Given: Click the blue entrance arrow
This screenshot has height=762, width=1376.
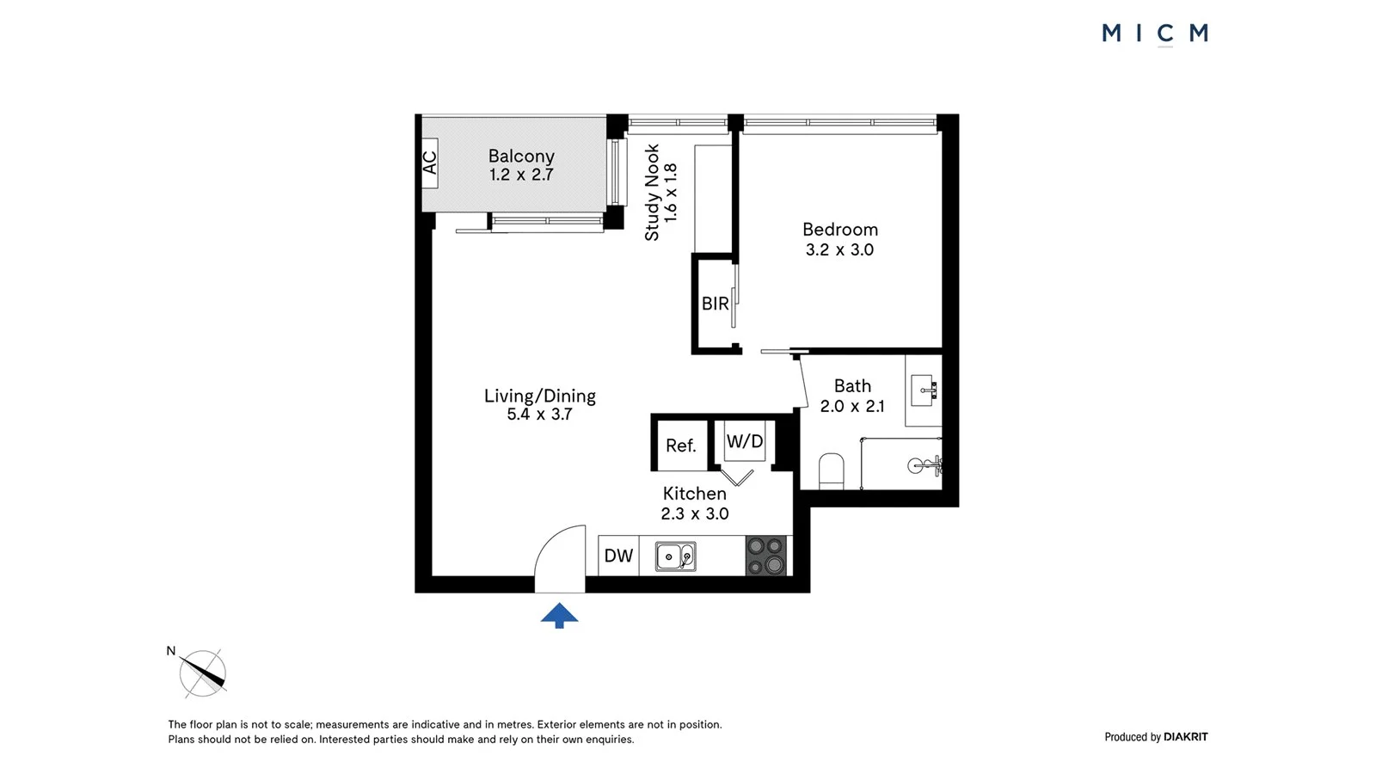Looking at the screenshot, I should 559,615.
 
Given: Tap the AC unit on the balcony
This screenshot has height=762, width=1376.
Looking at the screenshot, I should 430,163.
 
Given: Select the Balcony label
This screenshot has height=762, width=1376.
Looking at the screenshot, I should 521,156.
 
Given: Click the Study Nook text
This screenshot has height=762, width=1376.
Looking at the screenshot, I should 652,192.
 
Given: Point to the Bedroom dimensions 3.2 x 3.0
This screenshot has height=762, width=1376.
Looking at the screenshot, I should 839,250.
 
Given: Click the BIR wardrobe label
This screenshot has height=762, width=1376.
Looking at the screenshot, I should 715,304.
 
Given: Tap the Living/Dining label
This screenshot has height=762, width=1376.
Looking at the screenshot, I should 540,396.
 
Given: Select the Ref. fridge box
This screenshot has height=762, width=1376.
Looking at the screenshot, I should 680,445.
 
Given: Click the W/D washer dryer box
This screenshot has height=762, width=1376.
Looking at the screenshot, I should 744,441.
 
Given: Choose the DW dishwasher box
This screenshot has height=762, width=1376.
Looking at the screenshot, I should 618,556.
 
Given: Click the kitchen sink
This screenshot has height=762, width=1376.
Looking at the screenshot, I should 675,556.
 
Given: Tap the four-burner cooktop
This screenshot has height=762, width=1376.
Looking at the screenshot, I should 765,556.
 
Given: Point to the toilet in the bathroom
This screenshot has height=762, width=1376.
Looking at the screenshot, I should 831,470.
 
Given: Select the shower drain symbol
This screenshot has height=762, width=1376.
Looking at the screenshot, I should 916,466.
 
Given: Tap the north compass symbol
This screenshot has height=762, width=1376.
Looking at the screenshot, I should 203,673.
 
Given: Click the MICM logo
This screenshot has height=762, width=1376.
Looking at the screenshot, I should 1155,34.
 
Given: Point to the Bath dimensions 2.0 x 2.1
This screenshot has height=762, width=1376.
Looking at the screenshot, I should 851,407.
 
